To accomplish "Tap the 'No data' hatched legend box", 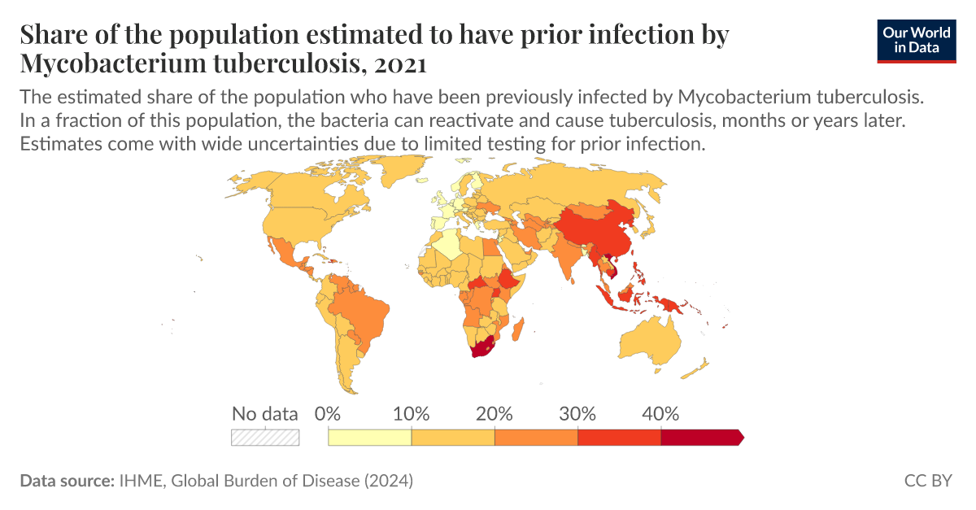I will click(x=265, y=437).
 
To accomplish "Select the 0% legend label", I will click(x=327, y=413).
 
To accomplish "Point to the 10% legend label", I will click(x=411, y=413).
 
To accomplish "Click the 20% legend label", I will click(x=495, y=413).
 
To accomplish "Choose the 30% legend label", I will click(x=577, y=413).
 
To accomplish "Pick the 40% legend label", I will click(x=660, y=413).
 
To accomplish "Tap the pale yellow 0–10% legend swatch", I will click(x=369, y=437).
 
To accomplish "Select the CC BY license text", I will click(x=928, y=481).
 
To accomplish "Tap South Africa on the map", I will click(x=481, y=351).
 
